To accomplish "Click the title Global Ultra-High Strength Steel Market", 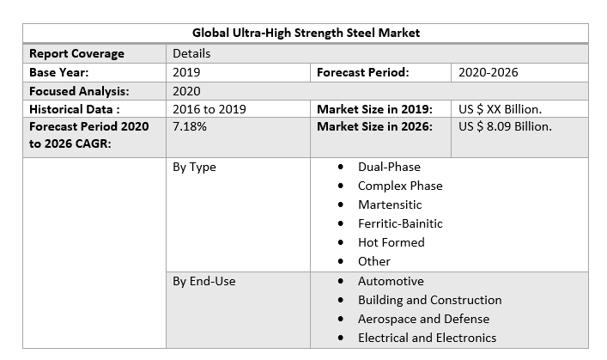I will [x=306, y=34].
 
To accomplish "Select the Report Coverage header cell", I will [x=76, y=53].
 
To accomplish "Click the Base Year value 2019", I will [x=186, y=72].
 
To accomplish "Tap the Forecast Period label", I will [x=362, y=72].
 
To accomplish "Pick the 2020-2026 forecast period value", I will [x=488, y=72].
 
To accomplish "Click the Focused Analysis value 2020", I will [x=186, y=91].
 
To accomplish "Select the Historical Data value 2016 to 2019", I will [x=209, y=109].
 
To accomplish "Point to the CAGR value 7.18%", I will [x=189, y=127].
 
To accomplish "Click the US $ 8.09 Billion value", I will [x=505, y=127].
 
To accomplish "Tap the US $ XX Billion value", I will [x=501, y=109].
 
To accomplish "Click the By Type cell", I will [x=194, y=167].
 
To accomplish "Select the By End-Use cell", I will [x=203, y=281].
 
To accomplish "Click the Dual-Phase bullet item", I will [x=389, y=167].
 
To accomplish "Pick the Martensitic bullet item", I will [x=390, y=204].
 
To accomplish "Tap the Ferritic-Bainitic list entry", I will [x=400, y=223].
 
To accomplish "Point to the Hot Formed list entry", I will [x=391, y=242].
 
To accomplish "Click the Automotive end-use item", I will [x=391, y=281].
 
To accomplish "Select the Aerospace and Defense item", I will [x=423, y=319].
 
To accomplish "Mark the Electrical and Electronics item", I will [x=427, y=338].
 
